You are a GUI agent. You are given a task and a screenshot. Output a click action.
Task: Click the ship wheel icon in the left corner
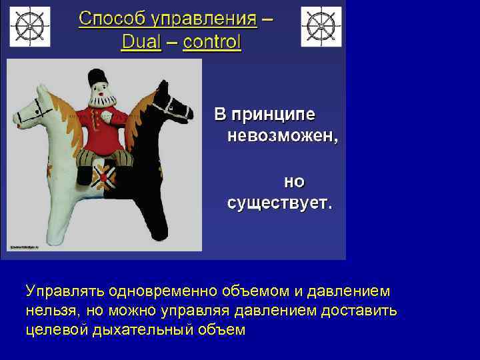pyautogui.click(x=28, y=27)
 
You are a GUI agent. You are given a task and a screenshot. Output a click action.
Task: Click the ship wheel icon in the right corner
pyautogui.click(x=321, y=27)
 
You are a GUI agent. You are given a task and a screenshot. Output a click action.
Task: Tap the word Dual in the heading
pyautogui.click(x=141, y=43)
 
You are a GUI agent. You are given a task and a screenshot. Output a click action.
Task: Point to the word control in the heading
pyautogui.click(x=212, y=43)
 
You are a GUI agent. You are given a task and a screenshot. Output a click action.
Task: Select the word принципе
pyautogui.click(x=283, y=114)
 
